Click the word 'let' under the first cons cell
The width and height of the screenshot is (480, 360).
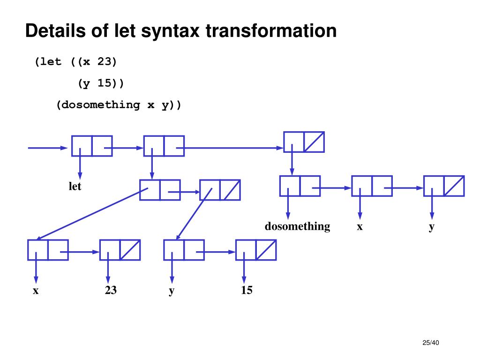pos(75,187)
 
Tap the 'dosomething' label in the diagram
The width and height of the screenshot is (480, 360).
pos(297,226)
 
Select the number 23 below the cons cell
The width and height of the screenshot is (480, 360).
pos(111,290)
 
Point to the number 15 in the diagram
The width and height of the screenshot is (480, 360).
pos(247,290)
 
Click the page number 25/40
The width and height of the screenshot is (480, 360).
pos(430,343)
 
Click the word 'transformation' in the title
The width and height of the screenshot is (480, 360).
pos(271,31)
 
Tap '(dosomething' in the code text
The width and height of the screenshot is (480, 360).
pos(98,105)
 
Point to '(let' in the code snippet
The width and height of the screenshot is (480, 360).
pos(48,62)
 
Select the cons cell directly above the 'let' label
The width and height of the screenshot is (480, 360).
pos(92,146)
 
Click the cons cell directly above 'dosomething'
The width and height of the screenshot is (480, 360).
pos(300,186)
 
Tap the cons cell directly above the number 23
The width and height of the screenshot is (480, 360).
pos(120,250)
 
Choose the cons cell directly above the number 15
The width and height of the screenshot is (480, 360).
pos(255,250)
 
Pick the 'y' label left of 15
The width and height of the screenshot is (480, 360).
pos(172,291)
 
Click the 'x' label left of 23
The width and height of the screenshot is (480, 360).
pos(36,291)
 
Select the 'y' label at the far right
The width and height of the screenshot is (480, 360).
pos(432,226)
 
